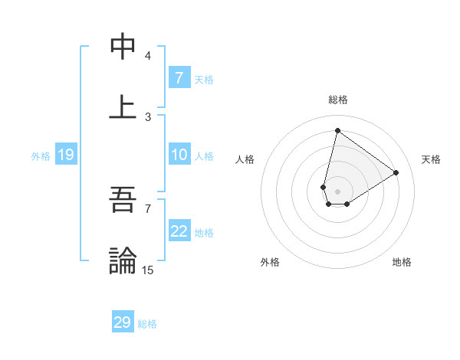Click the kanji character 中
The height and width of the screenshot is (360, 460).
(x=123, y=47)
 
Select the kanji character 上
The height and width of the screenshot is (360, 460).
(x=123, y=106)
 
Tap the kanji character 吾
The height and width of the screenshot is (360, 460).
(x=123, y=201)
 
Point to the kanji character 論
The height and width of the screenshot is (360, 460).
(x=123, y=260)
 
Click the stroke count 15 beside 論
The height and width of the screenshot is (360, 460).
(x=148, y=269)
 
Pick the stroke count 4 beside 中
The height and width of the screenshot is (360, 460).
(x=148, y=56)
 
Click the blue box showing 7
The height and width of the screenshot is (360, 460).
(x=179, y=78)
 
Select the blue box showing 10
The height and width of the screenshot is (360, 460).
(x=179, y=155)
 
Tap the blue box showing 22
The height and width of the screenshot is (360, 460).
(x=179, y=232)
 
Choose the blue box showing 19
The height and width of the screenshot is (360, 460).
(x=66, y=155)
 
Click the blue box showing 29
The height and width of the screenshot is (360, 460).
(x=123, y=322)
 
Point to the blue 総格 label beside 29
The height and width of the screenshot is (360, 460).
(x=147, y=324)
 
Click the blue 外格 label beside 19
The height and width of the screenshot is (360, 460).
(x=41, y=156)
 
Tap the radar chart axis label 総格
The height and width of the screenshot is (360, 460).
(x=337, y=100)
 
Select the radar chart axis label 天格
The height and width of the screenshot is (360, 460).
(x=431, y=159)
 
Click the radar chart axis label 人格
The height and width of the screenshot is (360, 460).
(x=245, y=159)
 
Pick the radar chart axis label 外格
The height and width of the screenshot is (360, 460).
(x=270, y=262)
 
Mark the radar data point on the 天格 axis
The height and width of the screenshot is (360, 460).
(x=396, y=172)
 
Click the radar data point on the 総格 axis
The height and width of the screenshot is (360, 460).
(x=337, y=131)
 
